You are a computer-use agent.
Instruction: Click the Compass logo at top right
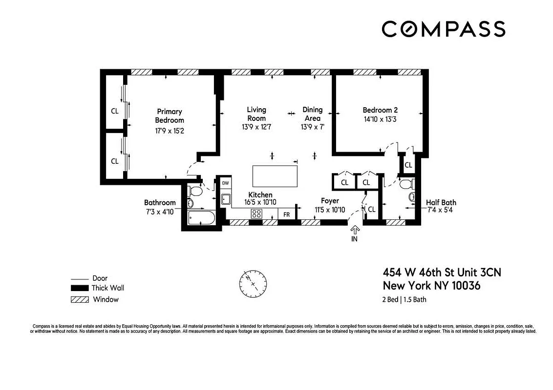pos(443,29)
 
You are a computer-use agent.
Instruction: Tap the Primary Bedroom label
pos(170,116)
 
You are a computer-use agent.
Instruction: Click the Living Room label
pos(256,114)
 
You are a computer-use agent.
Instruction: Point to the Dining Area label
pos(312,114)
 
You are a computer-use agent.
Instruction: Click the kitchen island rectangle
pos(275,175)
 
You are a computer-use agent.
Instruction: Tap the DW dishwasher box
pos(225,183)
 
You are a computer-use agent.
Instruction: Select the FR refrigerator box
pos(286,214)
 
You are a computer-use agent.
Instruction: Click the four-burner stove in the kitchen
pos(257,213)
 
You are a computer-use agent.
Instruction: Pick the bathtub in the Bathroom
pos(201,217)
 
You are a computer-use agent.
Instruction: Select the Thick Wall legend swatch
pos(79,288)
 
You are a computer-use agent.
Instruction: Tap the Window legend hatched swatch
pos(79,299)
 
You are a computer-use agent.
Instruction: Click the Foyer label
pos(330,200)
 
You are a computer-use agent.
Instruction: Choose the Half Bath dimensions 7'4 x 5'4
pos(441,211)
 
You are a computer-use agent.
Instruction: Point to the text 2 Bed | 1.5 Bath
pos(404,299)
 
